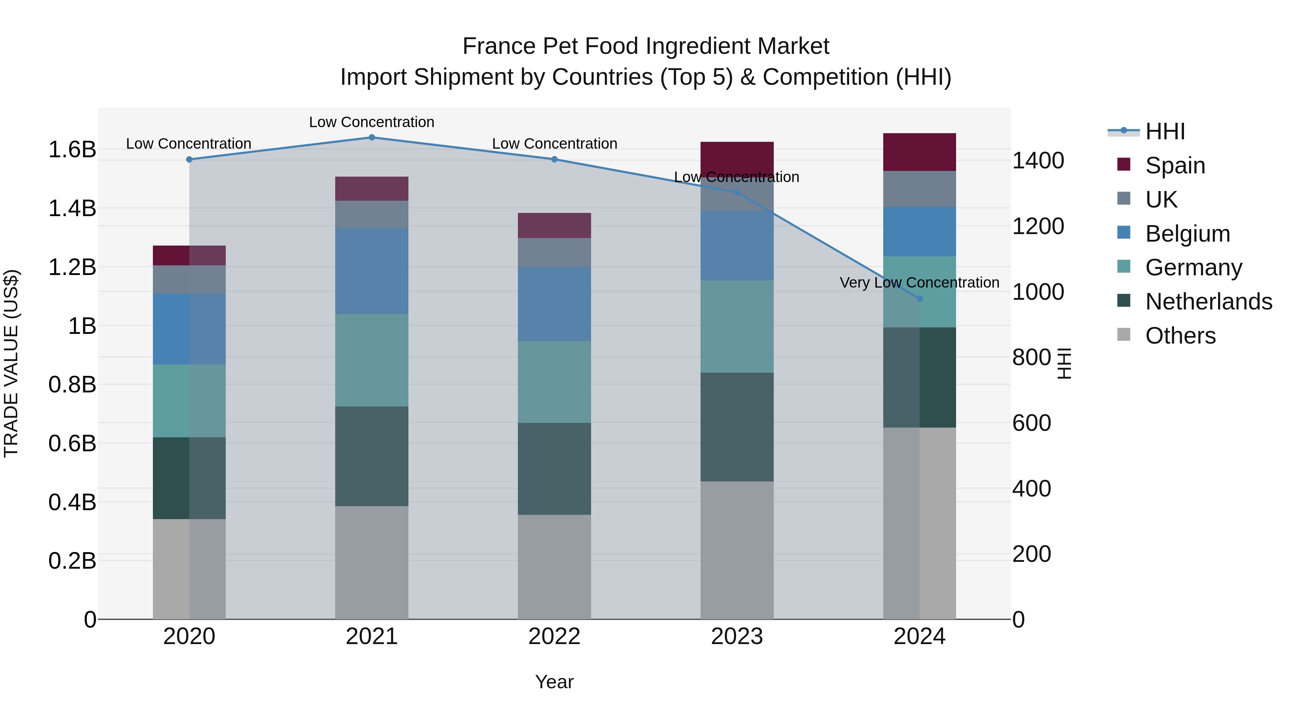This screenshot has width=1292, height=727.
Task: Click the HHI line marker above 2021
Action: pyautogui.click(x=372, y=138)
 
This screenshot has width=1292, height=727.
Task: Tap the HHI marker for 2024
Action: pyautogui.click(x=919, y=299)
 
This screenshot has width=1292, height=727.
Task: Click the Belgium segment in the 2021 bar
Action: pyautogui.click(x=372, y=271)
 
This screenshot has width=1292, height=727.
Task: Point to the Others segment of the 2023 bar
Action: pyautogui.click(x=737, y=550)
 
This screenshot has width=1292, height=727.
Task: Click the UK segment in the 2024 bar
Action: pyautogui.click(x=919, y=189)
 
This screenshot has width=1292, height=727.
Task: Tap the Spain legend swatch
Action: pyautogui.click(x=1124, y=164)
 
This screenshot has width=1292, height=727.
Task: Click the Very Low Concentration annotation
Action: pyautogui.click(x=919, y=283)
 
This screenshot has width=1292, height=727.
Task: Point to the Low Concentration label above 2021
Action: pyautogui.click(x=372, y=122)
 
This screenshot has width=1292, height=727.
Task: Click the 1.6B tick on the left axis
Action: pyautogui.click(x=72, y=149)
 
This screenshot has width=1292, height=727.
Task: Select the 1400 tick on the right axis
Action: pyautogui.click(x=1038, y=160)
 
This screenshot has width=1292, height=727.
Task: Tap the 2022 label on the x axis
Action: pyautogui.click(x=554, y=636)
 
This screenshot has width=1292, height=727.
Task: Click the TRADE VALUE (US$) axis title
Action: pyautogui.click(x=11, y=363)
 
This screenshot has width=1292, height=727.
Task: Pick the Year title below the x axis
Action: pyautogui.click(x=554, y=682)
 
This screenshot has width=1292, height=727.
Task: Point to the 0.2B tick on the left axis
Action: pyautogui.click(x=72, y=560)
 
